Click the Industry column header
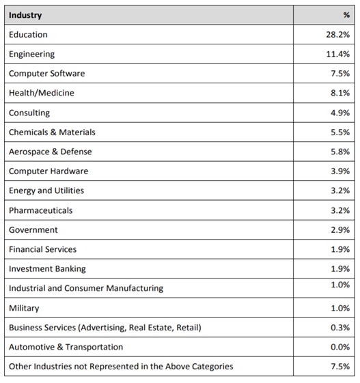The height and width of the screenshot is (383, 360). [25, 15]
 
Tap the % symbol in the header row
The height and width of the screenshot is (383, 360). [346, 15]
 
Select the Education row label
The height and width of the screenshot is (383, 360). [28, 34]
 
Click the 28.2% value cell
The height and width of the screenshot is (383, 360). [337, 34]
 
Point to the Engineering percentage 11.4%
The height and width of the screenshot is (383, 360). [337, 54]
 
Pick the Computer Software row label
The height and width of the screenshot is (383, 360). [46, 73]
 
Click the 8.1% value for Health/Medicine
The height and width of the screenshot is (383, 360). [340, 93]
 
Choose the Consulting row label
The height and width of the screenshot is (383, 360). [29, 113]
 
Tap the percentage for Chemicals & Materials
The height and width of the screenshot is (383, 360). [340, 132]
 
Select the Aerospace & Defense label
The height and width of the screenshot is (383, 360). [51, 152]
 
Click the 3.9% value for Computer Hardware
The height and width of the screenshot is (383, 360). [340, 171]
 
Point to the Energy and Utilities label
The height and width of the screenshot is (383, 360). [46, 190]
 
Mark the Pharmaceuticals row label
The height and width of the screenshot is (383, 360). [40, 210]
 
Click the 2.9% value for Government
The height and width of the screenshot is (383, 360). [340, 230]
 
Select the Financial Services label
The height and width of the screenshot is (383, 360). [43, 249]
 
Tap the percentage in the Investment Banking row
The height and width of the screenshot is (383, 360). [340, 269]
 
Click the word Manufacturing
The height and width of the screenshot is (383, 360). [135, 288]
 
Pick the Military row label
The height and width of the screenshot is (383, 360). [24, 309]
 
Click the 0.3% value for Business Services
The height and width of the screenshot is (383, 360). [340, 327]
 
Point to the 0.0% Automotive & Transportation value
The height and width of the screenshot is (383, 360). [340, 347]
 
